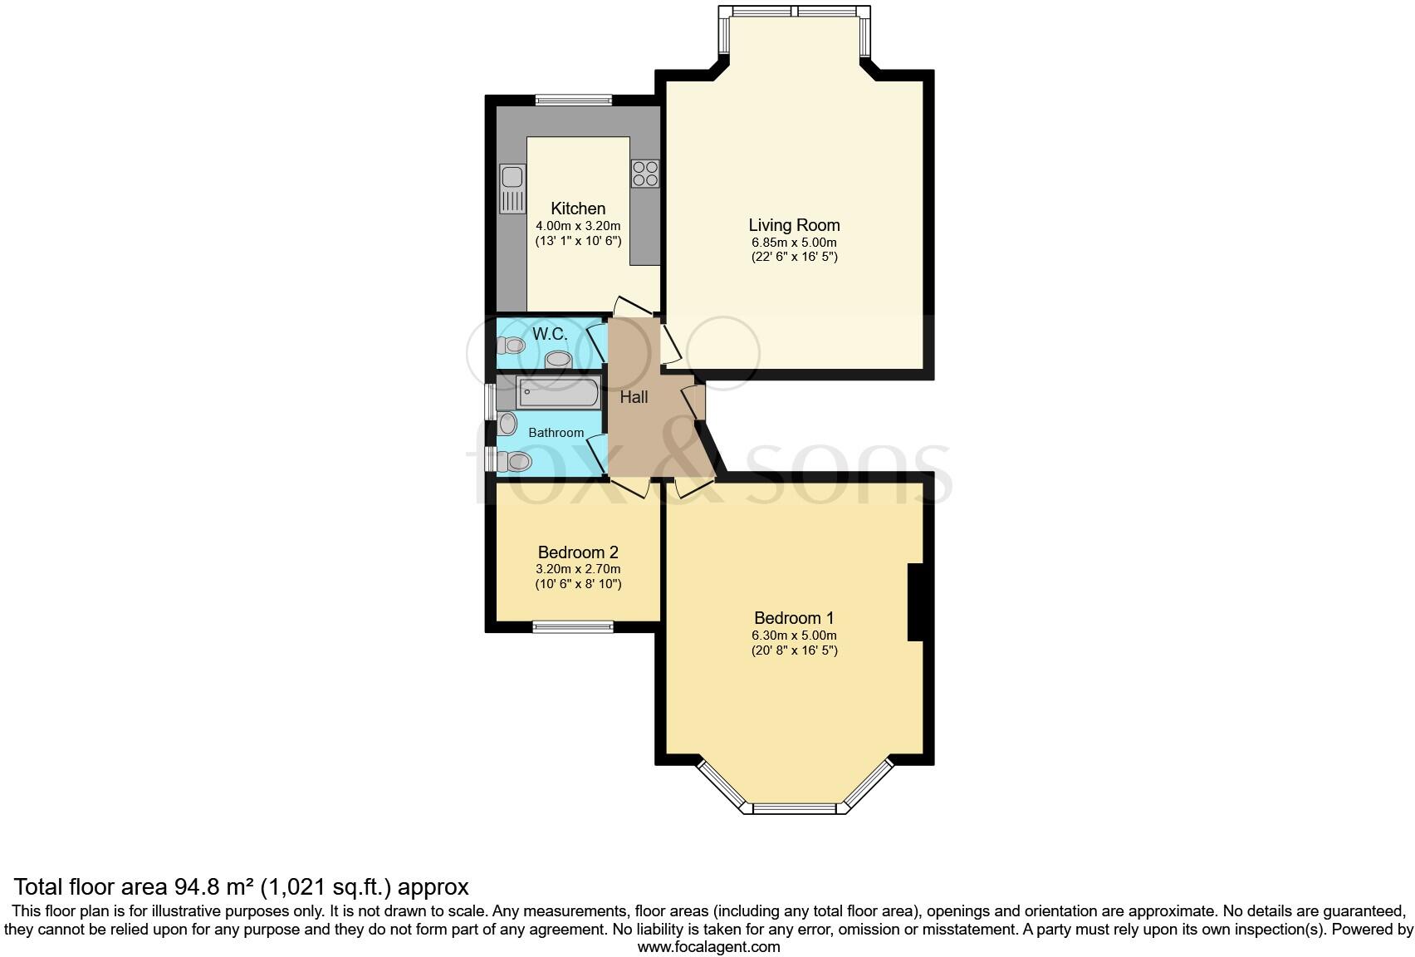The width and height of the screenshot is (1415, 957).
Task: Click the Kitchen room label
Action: pyautogui.click(x=578, y=209)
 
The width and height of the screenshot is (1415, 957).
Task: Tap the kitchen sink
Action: pyautogui.click(x=512, y=189)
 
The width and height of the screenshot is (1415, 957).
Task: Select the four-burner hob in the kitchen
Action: pyautogui.click(x=645, y=173)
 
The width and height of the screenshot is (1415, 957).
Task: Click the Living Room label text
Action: pyautogui.click(x=794, y=225)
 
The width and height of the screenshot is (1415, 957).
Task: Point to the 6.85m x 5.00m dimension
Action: pyautogui.click(x=794, y=243)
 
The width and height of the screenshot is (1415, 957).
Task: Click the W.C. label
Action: pyautogui.click(x=550, y=334)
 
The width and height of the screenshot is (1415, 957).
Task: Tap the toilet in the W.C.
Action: pyautogui.click(x=510, y=345)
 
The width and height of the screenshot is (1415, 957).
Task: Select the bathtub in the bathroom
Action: pyautogui.click(x=557, y=393)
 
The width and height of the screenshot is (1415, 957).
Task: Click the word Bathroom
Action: pyautogui.click(x=556, y=433)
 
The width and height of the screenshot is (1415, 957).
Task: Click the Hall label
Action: pyautogui.click(x=634, y=397)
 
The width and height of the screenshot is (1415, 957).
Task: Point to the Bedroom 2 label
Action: pyautogui.click(x=578, y=552)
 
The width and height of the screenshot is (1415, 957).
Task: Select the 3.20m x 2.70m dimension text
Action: pyautogui.click(x=578, y=570)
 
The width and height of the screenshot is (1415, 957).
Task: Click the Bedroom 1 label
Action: pyautogui.click(x=794, y=618)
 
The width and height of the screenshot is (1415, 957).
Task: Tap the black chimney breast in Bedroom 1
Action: pyautogui.click(x=915, y=602)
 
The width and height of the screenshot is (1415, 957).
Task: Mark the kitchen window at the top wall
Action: pyautogui.click(x=573, y=101)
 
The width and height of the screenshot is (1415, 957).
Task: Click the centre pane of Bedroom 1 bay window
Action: pyautogui.click(x=794, y=808)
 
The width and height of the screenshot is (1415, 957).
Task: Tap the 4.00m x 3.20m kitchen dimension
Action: pyautogui.click(x=578, y=226)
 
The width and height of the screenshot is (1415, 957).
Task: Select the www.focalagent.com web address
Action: pyautogui.click(x=708, y=946)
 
